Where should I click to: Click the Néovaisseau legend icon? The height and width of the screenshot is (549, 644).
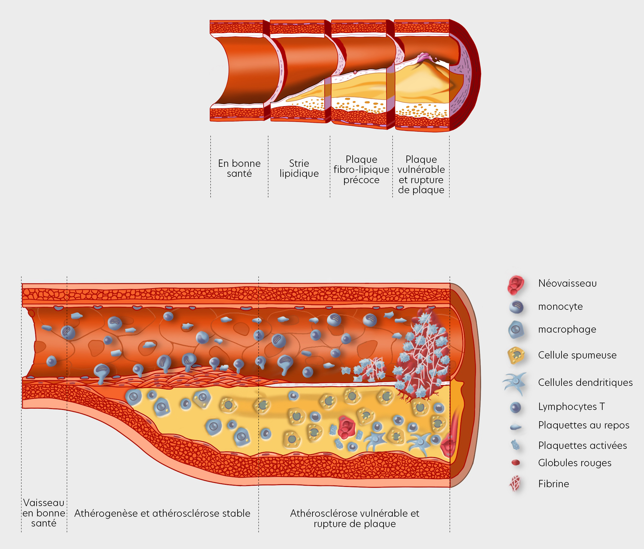[516, 285]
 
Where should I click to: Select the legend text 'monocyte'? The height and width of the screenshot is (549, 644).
[560, 306]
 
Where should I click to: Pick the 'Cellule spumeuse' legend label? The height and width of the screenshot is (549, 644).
[577, 355]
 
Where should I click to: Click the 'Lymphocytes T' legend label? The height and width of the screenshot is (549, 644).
[571, 406]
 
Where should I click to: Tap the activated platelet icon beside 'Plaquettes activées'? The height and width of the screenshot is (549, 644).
[515, 445]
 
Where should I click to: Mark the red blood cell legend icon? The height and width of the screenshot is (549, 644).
[516, 463]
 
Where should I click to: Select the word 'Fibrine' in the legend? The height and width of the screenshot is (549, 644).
[553, 484]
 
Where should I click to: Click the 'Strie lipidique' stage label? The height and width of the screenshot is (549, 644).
[299, 168]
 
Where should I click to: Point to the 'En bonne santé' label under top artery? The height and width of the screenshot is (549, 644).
[239, 168]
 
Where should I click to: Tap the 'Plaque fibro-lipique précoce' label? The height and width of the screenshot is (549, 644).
[361, 169]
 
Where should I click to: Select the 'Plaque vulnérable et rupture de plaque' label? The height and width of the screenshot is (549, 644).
[421, 174]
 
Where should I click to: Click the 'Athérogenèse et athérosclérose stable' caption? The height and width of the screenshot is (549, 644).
[162, 513]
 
